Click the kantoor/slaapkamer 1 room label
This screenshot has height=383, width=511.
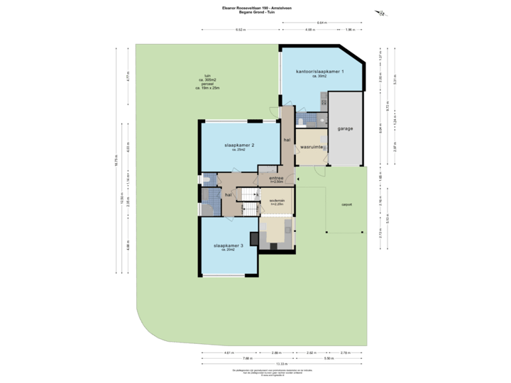(x=320, y=72)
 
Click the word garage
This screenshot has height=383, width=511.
(x=346, y=129)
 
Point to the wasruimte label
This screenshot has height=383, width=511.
(x=312, y=147)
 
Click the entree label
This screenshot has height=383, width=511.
(x=276, y=177)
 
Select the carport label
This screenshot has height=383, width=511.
(x=346, y=204)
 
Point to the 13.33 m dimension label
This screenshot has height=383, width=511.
(x=283, y=363)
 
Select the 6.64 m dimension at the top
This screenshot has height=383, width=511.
(x=322, y=23)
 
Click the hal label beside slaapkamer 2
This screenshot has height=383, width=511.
(x=287, y=140)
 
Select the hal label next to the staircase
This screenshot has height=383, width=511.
(x=229, y=194)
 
